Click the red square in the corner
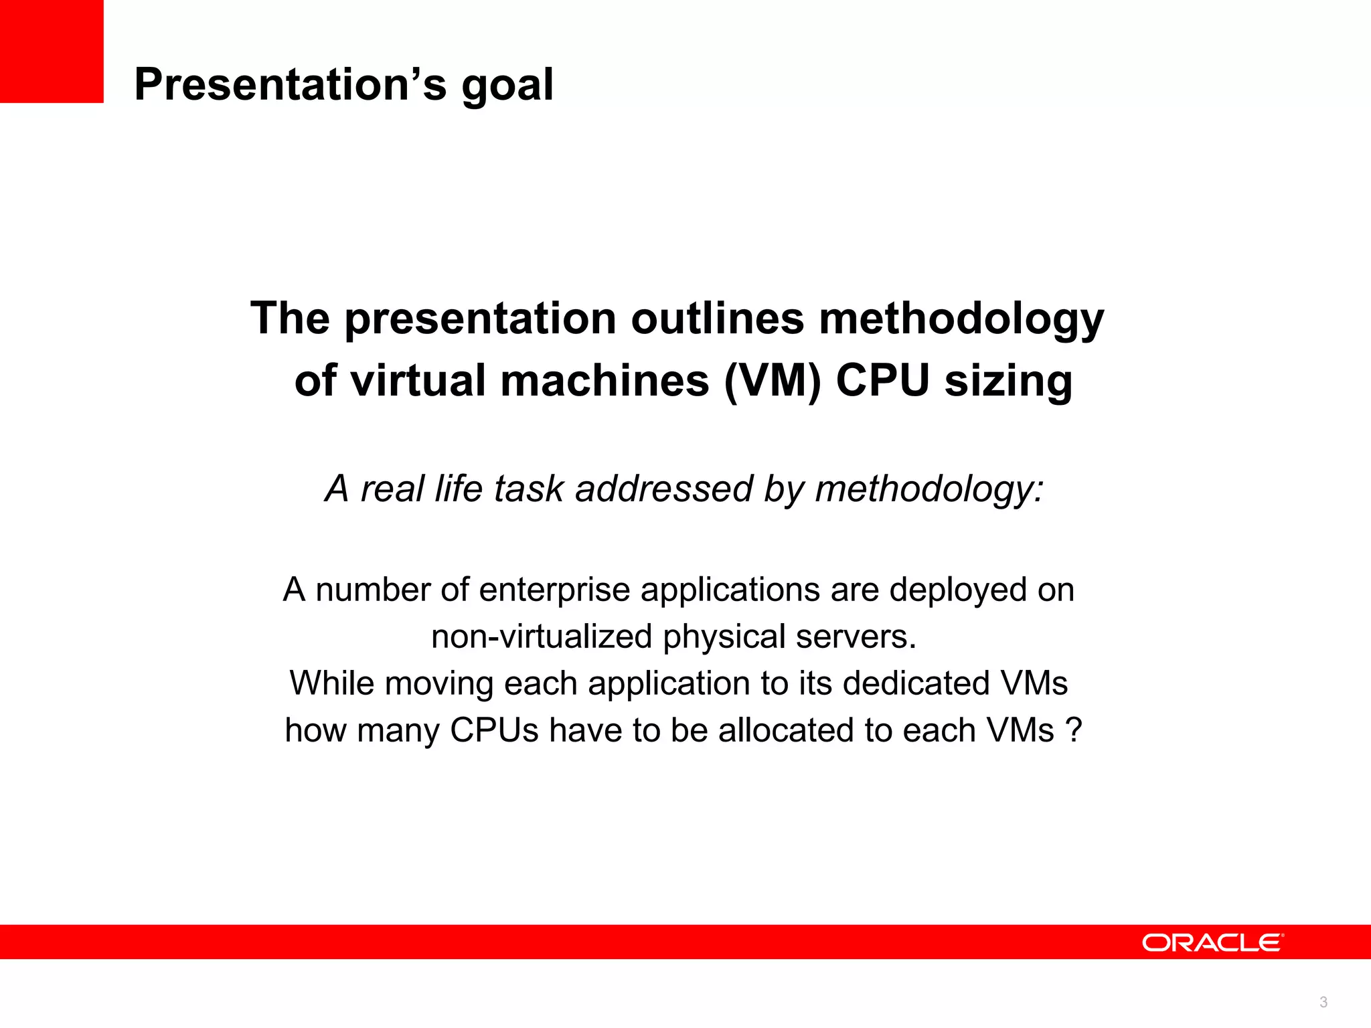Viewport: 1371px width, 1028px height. click(x=52, y=51)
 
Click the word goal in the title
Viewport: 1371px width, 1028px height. click(x=507, y=86)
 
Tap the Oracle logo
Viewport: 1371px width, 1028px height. click(x=1212, y=942)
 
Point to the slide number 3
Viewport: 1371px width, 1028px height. click(x=1323, y=1002)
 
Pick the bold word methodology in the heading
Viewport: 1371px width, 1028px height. click(x=961, y=319)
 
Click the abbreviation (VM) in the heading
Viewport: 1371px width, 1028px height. click(x=773, y=381)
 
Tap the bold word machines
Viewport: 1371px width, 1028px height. click(x=604, y=381)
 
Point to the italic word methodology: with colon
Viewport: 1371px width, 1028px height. click(x=929, y=489)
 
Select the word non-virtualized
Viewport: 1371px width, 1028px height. click(x=541, y=636)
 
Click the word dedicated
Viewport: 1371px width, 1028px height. click(x=915, y=683)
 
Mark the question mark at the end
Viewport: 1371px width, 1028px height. click(x=1075, y=730)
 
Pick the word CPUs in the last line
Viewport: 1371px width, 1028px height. click(x=494, y=730)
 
